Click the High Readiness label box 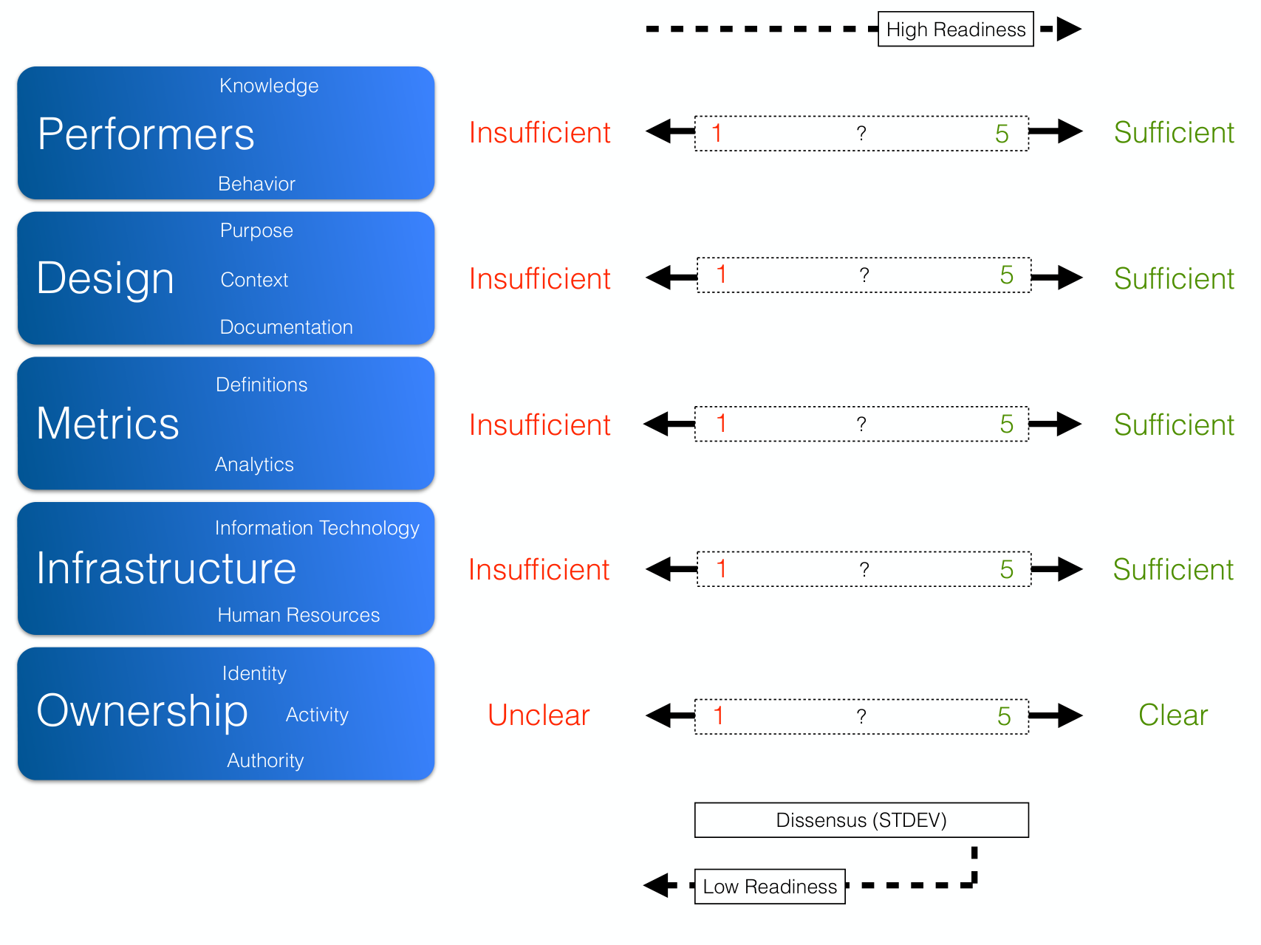click(x=955, y=29)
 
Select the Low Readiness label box click(x=770, y=886)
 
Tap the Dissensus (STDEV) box click(x=861, y=820)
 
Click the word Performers click(x=146, y=134)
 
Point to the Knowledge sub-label click(x=269, y=86)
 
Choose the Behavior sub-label click(x=256, y=184)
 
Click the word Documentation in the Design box click(x=286, y=327)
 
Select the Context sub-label click(x=254, y=280)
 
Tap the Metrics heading click(x=108, y=423)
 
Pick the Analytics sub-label click(x=254, y=464)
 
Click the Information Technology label click(x=317, y=528)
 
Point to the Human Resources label click(x=298, y=615)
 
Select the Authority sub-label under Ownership click(x=265, y=760)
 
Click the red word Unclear click(x=539, y=715)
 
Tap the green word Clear click(x=1173, y=715)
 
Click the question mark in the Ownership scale click(x=861, y=716)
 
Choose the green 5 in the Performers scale click(x=1002, y=134)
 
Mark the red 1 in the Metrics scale click(x=721, y=424)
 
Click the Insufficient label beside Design click(x=539, y=278)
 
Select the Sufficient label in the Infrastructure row click(x=1173, y=569)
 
